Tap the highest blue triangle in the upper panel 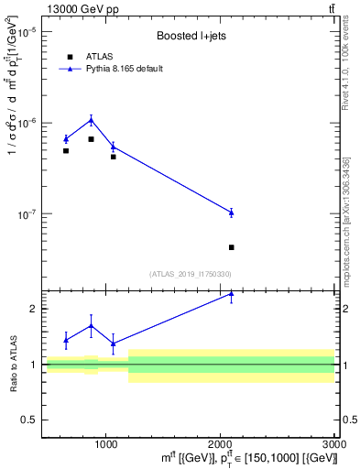91,120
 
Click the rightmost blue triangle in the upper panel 231,213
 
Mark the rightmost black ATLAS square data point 231,247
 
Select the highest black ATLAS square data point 91,139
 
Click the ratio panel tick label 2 32,309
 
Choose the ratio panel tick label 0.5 29,420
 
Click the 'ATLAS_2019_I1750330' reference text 190,274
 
